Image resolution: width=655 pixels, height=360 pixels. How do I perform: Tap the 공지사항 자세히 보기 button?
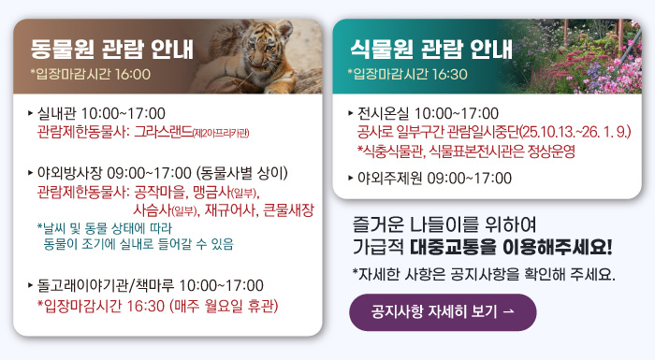[443, 312]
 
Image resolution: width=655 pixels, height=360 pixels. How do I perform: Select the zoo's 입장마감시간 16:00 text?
[90, 74]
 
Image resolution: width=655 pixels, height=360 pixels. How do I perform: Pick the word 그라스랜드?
[163, 132]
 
